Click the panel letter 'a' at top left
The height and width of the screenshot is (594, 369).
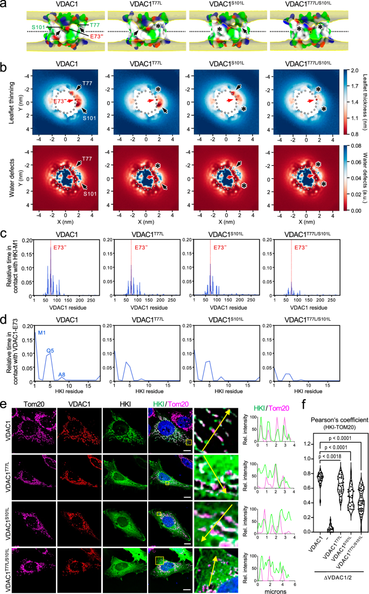tap(4, 4)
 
